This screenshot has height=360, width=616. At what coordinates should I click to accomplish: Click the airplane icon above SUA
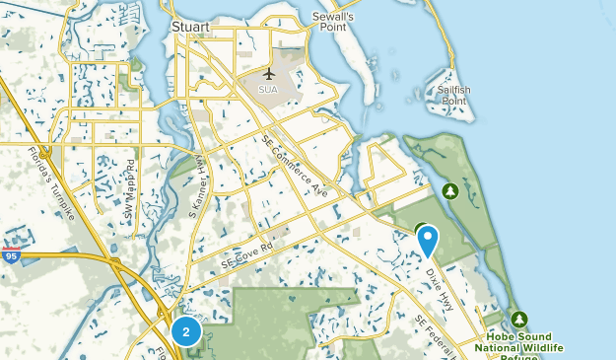[x=269, y=73]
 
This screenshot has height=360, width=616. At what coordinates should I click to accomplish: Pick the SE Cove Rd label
[x=244, y=259]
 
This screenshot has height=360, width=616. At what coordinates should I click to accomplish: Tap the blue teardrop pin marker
[x=428, y=238]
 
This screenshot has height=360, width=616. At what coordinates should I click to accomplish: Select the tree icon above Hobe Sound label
[x=519, y=320]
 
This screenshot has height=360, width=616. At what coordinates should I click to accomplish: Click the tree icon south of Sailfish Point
[x=451, y=189]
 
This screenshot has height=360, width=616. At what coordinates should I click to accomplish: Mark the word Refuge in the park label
[x=519, y=356]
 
